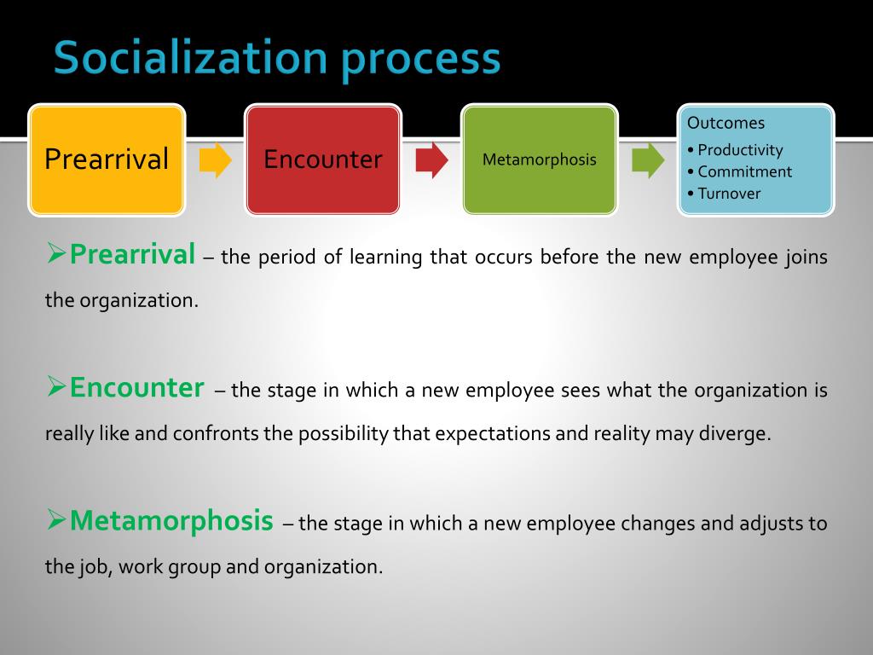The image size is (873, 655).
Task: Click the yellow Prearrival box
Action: (x=107, y=159)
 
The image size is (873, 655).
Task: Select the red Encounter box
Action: (x=323, y=159)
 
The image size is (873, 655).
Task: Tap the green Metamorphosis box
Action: (x=540, y=159)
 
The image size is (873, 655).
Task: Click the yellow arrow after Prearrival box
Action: (x=215, y=160)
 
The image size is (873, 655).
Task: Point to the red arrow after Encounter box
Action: (x=431, y=160)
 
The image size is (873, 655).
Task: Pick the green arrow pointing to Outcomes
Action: (x=648, y=160)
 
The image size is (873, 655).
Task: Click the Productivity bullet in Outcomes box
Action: (x=739, y=150)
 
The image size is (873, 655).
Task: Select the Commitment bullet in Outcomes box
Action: (x=744, y=171)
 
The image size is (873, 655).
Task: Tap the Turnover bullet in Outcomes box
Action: (x=729, y=194)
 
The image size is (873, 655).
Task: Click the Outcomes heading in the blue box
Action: (x=726, y=123)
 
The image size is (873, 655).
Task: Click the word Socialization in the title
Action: (x=189, y=58)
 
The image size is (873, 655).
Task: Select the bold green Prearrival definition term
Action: (x=133, y=254)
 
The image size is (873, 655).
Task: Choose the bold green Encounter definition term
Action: (x=136, y=388)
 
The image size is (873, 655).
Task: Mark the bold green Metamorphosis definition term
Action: (x=171, y=520)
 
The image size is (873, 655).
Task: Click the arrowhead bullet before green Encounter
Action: (x=56, y=388)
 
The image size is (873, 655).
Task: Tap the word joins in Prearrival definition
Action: (x=806, y=258)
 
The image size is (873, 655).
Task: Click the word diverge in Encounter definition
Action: (x=737, y=433)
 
